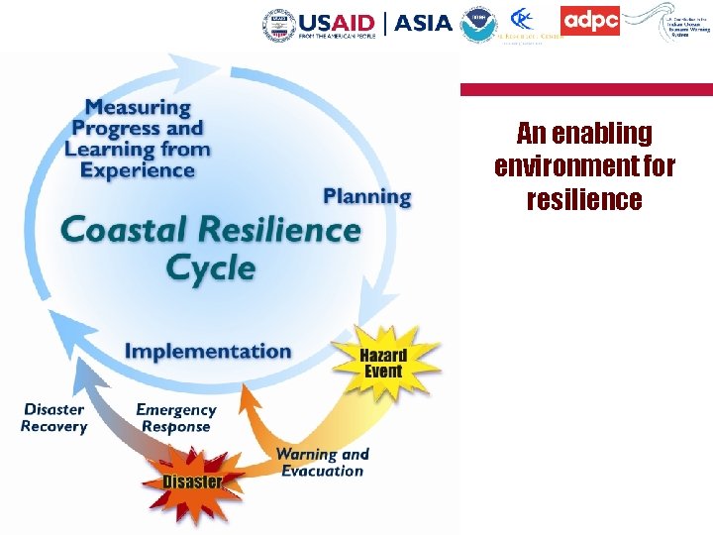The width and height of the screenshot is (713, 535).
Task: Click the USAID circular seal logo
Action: coord(278,22)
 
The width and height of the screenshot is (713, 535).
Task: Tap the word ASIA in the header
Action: coord(423,23)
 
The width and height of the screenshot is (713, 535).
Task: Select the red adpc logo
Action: coord(590,21)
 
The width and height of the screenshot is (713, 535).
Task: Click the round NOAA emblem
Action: coord(479,24)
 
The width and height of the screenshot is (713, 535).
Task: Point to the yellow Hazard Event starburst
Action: coord(383,364)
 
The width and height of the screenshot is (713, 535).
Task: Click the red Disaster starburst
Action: coord(192,481)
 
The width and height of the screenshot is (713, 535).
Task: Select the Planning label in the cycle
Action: coord(366,195)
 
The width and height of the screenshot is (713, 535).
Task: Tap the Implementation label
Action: coord(208,351)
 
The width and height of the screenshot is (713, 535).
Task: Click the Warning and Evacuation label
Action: coord(323,463)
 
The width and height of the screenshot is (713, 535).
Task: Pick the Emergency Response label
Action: coord(175,418)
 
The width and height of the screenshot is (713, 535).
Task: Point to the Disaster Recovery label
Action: coord(54,418)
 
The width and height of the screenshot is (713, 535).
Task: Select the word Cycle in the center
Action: coord(210,267)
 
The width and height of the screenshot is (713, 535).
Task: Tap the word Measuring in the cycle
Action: coord(138,107)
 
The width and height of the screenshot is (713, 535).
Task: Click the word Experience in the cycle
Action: coord(138,170)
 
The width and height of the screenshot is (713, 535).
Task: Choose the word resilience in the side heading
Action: coord(584,200)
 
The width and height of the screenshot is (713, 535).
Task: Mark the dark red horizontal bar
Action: coord(586,89)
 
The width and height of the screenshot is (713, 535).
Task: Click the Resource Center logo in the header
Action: coord(529,25)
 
